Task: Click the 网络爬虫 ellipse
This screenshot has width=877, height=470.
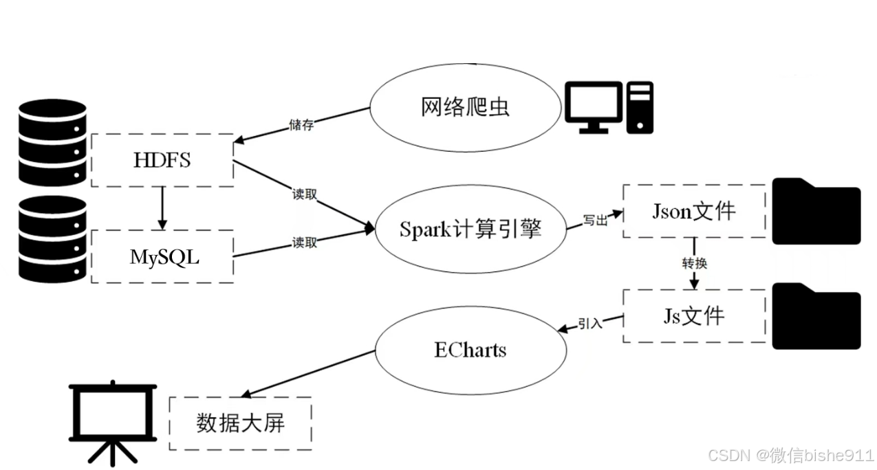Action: (465, 108)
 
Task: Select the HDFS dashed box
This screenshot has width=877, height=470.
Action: (162, 160)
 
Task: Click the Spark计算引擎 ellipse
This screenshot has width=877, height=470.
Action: (470, 229)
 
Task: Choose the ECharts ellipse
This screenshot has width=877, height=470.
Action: (470, 350)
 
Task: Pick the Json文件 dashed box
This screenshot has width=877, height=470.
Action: (694, 211)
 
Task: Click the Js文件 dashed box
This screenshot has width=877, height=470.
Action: (694, 315)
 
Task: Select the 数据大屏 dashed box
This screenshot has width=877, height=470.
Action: (240, 423)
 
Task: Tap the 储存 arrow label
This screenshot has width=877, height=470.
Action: (302, 125)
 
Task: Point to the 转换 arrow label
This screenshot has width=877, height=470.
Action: (695, 263)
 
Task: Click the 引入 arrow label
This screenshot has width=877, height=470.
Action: (590, 323)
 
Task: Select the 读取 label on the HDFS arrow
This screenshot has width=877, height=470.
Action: (305, 194)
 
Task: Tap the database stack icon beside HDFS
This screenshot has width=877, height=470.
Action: (52, 142)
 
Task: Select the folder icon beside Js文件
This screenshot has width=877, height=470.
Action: (816, 317)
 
